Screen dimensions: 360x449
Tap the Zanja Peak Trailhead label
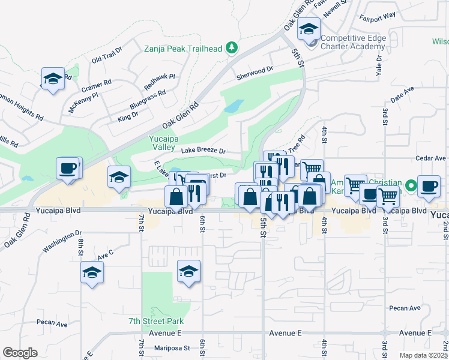184,48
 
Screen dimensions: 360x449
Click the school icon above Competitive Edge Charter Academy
309,29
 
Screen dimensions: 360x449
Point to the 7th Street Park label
155,322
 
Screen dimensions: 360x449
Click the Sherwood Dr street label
255,71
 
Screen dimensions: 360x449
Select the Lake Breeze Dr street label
203,151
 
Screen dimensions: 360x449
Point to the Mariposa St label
169,347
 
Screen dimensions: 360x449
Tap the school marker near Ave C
92,274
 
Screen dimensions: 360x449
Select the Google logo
20,353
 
